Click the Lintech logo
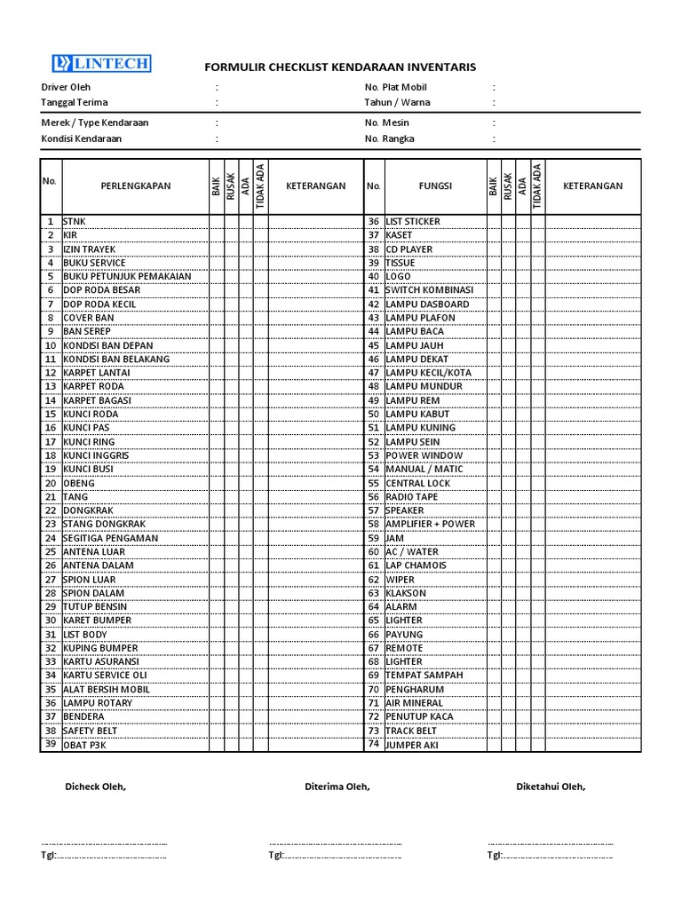[x=100, y=63]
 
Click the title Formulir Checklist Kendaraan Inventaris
[x=340, y=67]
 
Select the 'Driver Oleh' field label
[x=67, y=87]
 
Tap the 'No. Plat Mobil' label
[x=395, y=87]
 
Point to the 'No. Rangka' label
[x=389, y=138]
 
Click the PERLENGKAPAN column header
[x=135, y=186]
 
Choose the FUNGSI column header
[x=435, y=186]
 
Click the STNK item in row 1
[x=75, y=221]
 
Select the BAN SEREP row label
[x=87, y=331]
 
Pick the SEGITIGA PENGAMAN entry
[x=111, y=538]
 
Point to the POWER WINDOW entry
[x=424, y=455]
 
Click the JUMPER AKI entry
[x=412, y=745]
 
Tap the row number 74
[x=374, y=745]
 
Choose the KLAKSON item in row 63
[x=406, y=593]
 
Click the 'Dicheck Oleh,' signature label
[x=95, y=786]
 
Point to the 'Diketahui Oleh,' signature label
[x=551, y=786]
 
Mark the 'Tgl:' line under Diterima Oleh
[x=335, y=856]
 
